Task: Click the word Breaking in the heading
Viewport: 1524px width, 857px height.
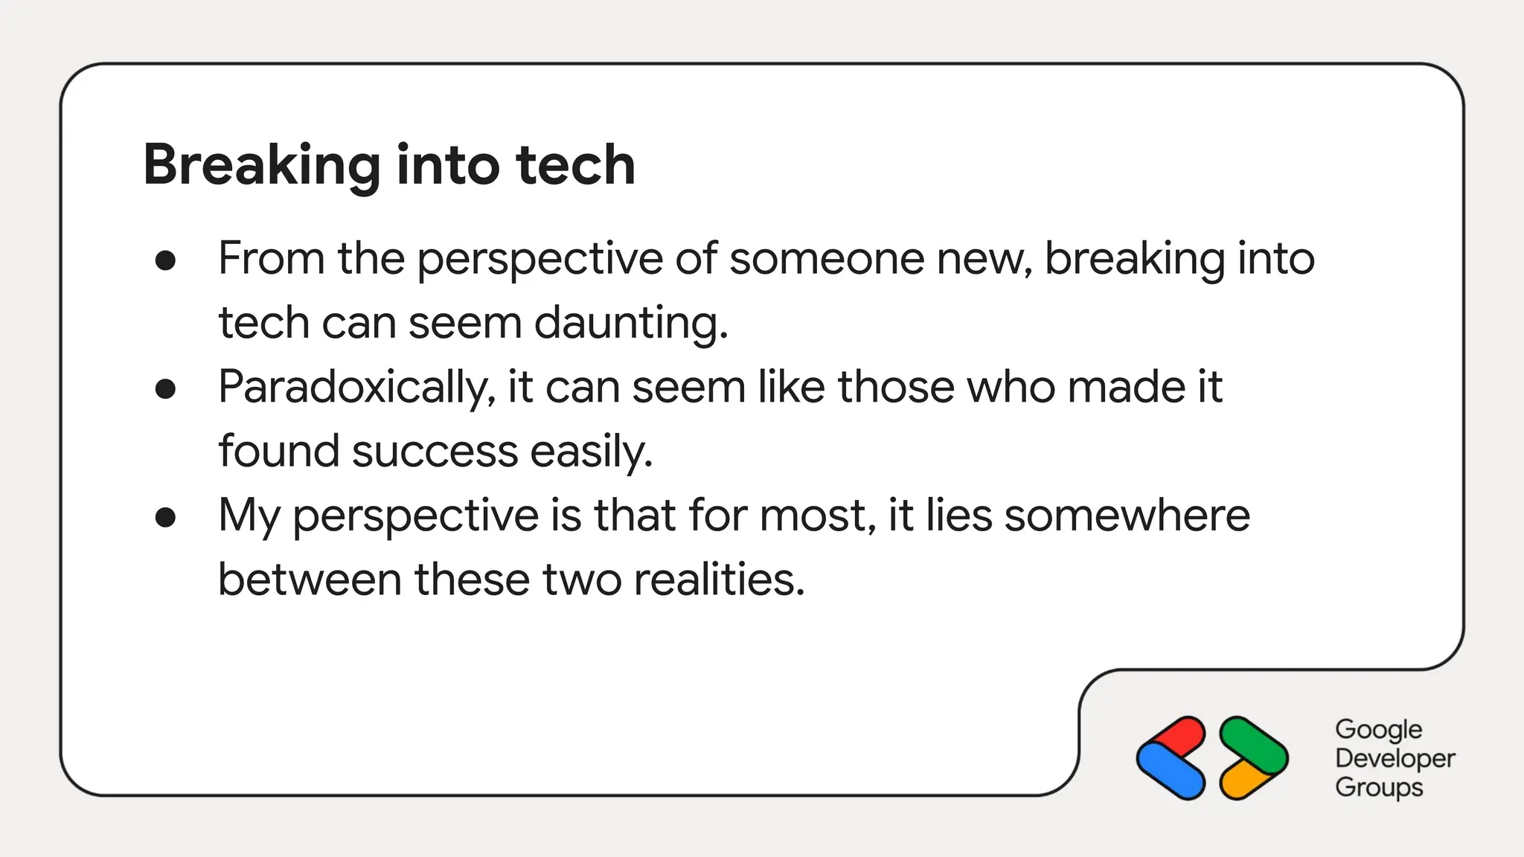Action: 262,165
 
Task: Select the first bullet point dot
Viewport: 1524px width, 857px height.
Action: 165,260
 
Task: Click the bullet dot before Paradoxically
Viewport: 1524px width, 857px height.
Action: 165,388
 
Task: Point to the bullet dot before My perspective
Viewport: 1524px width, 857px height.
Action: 165,517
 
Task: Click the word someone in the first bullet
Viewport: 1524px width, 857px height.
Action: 826,259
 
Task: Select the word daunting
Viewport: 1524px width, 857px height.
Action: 630,324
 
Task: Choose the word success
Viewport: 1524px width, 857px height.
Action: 435,452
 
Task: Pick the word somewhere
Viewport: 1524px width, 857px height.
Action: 1127,516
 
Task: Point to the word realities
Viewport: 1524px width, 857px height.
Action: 719,580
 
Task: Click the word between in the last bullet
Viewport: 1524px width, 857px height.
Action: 310,580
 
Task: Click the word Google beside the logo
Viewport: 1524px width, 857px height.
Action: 1378,730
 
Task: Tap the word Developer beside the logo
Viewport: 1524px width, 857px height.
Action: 1395,759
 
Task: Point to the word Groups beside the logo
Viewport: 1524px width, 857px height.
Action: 1378,788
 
